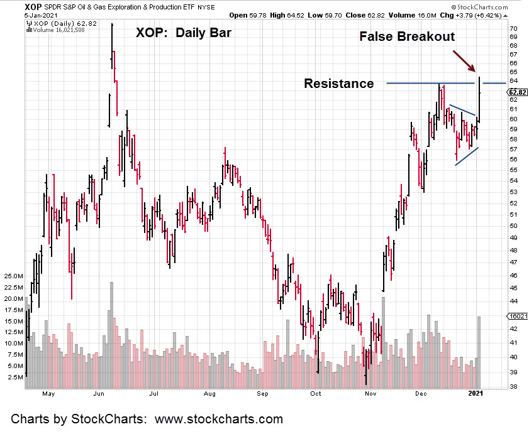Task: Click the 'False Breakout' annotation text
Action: click(x=406, y=36)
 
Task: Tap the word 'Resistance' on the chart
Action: click(x=338, y=84)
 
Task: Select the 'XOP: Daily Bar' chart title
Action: click(x=184, y=33)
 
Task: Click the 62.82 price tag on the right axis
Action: click(x=517, y=92)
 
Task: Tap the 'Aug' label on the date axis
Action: click(x=210, y=395)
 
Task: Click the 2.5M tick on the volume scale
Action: click(x=15, y=377)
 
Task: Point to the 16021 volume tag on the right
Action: click(x=517, y=317)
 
